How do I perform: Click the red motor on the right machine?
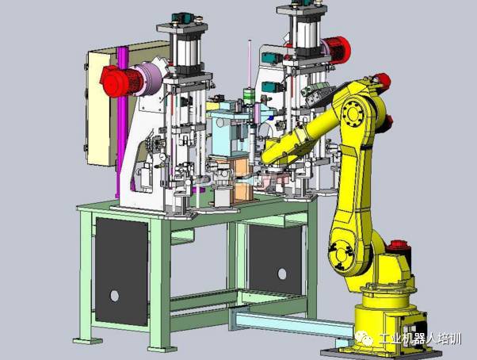pos(337,50)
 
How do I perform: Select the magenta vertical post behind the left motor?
pos(122,122)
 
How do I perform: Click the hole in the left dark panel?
pos(114,296)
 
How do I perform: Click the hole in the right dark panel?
pos(282,274)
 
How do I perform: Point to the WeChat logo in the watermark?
pos(364,339)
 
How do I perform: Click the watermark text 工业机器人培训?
pos(420,339)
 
